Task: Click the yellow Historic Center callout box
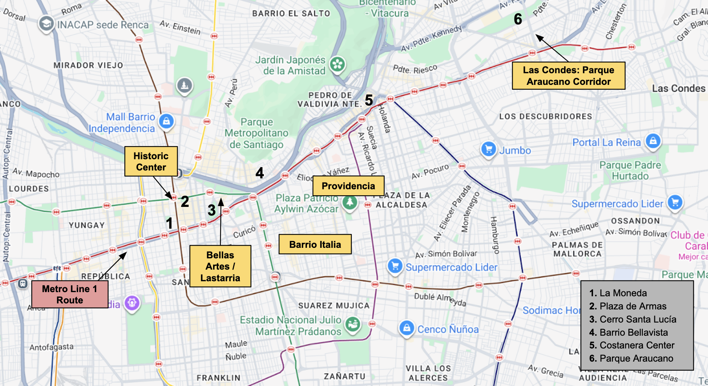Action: coord(151,161)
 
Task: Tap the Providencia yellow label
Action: coord(348,186)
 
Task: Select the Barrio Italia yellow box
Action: coord(315,244)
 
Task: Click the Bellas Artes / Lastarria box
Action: coord(220,266)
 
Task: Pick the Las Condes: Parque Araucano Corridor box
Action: coord(569,76)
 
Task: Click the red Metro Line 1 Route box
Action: coord(70,294)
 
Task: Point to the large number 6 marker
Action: coord(518,19)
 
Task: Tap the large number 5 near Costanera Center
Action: coord(369,100)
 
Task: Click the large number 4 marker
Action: coord(260,173)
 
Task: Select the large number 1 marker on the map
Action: coord(169,223)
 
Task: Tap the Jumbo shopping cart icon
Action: coord(489,149)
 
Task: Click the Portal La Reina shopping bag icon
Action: coord(653,141)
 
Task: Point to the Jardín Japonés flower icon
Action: coord(337,64)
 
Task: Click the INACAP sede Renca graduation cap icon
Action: coord(46,24)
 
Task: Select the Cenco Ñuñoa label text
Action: coord(448,329)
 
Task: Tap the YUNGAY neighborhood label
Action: coord(86,225)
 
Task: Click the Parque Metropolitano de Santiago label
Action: coord(257,133)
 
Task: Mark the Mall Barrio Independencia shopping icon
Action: coord(166,121)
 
